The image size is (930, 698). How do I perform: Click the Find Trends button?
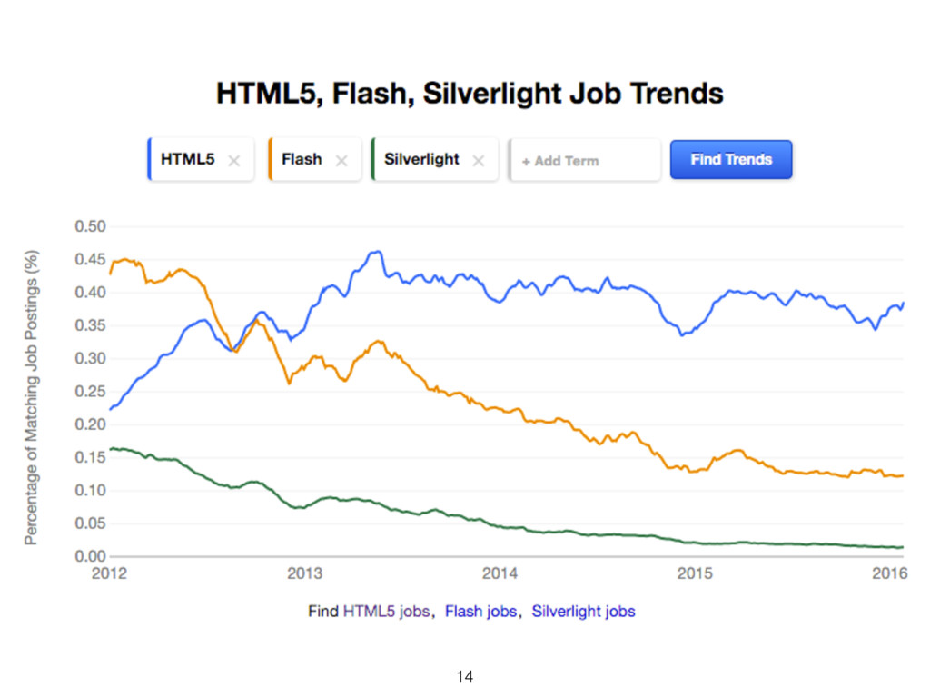coord(731,159)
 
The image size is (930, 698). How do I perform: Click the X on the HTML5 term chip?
coord(233,161)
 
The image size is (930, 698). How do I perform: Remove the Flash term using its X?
coord(341,161)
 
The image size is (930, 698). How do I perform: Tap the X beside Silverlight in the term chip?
coord(479,161)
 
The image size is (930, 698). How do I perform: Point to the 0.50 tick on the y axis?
coord(90,226)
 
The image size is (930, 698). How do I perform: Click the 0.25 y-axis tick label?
coord(90,392)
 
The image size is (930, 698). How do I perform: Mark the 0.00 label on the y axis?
coord(90,556)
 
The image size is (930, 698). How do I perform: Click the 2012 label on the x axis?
coord(109,574)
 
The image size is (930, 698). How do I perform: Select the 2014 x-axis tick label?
coord(500,574)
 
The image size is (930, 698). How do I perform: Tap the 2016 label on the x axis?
coord(889,574)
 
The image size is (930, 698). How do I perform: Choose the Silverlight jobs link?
coord(583,612)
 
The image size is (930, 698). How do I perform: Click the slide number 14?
coord(465,676)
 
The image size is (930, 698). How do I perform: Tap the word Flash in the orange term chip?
coord(302,159)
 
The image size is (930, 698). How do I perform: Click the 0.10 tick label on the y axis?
coord(90,491)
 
